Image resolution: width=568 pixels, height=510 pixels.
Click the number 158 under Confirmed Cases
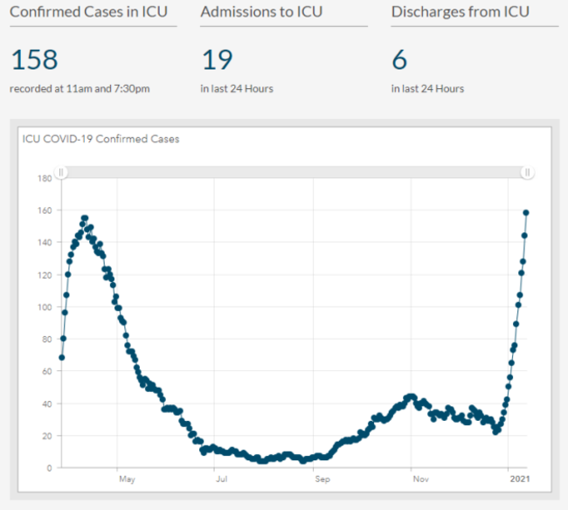point(34,60)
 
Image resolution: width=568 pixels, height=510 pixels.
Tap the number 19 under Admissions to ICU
point(217,60)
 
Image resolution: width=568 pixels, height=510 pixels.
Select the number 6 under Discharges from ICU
point(398,60)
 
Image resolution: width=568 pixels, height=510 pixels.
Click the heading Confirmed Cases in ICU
point(88,12)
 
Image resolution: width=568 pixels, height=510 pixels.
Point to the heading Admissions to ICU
point(261,12)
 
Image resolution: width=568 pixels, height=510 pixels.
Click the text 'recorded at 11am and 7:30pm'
point(80,88)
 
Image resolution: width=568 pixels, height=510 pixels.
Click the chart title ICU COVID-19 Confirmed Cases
point(100,139)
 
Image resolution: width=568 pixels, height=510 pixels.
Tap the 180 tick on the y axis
point(45,178)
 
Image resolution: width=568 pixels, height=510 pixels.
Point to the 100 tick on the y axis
point(45,307)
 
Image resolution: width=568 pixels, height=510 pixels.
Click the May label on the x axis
point(127,479)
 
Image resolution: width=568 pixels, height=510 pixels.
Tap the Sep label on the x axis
point(322,479)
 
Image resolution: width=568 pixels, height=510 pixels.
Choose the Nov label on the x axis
point(420,479)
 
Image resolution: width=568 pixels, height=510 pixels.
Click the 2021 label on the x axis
point(520,479)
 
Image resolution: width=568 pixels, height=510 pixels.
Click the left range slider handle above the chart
point(61,173)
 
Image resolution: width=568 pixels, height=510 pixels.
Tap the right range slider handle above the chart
point(528,173)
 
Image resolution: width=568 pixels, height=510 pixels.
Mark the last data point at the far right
point(526,212)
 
